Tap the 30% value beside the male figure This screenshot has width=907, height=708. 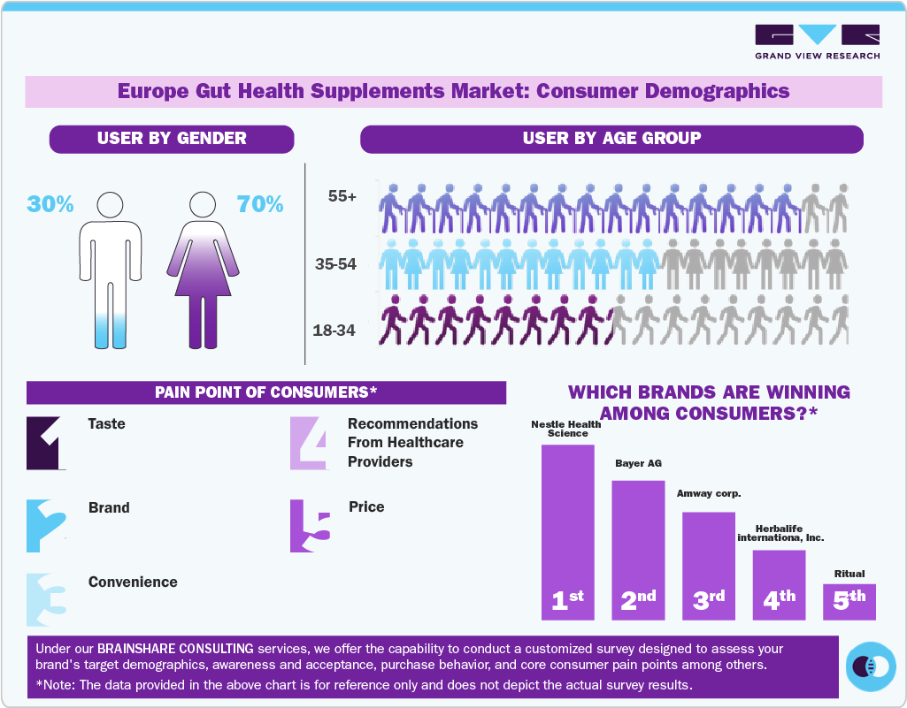[x=50, y=204]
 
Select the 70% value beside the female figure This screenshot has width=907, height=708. [x=260, y=204]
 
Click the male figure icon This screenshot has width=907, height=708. [x=110, y=269]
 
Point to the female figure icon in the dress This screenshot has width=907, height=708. [x=204, y=269]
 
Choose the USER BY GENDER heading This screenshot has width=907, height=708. [x=172, y=139]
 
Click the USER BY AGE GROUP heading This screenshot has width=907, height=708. [x=611, y=139]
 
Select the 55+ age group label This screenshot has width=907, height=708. [x=342, y=197]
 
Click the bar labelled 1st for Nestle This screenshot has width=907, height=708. [x=567, y=531]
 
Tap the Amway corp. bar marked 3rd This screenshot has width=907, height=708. [x=709, y=566]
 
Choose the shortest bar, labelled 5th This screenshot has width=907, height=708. [x=849, y=601]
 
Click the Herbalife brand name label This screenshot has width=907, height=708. [x=779, y=532]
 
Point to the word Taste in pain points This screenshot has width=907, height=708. [x=107, y=424]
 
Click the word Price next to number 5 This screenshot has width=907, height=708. [x=366, y=507]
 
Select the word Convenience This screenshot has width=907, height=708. [x=133, y=582]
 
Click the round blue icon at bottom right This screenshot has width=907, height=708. [x=872, y=665]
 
